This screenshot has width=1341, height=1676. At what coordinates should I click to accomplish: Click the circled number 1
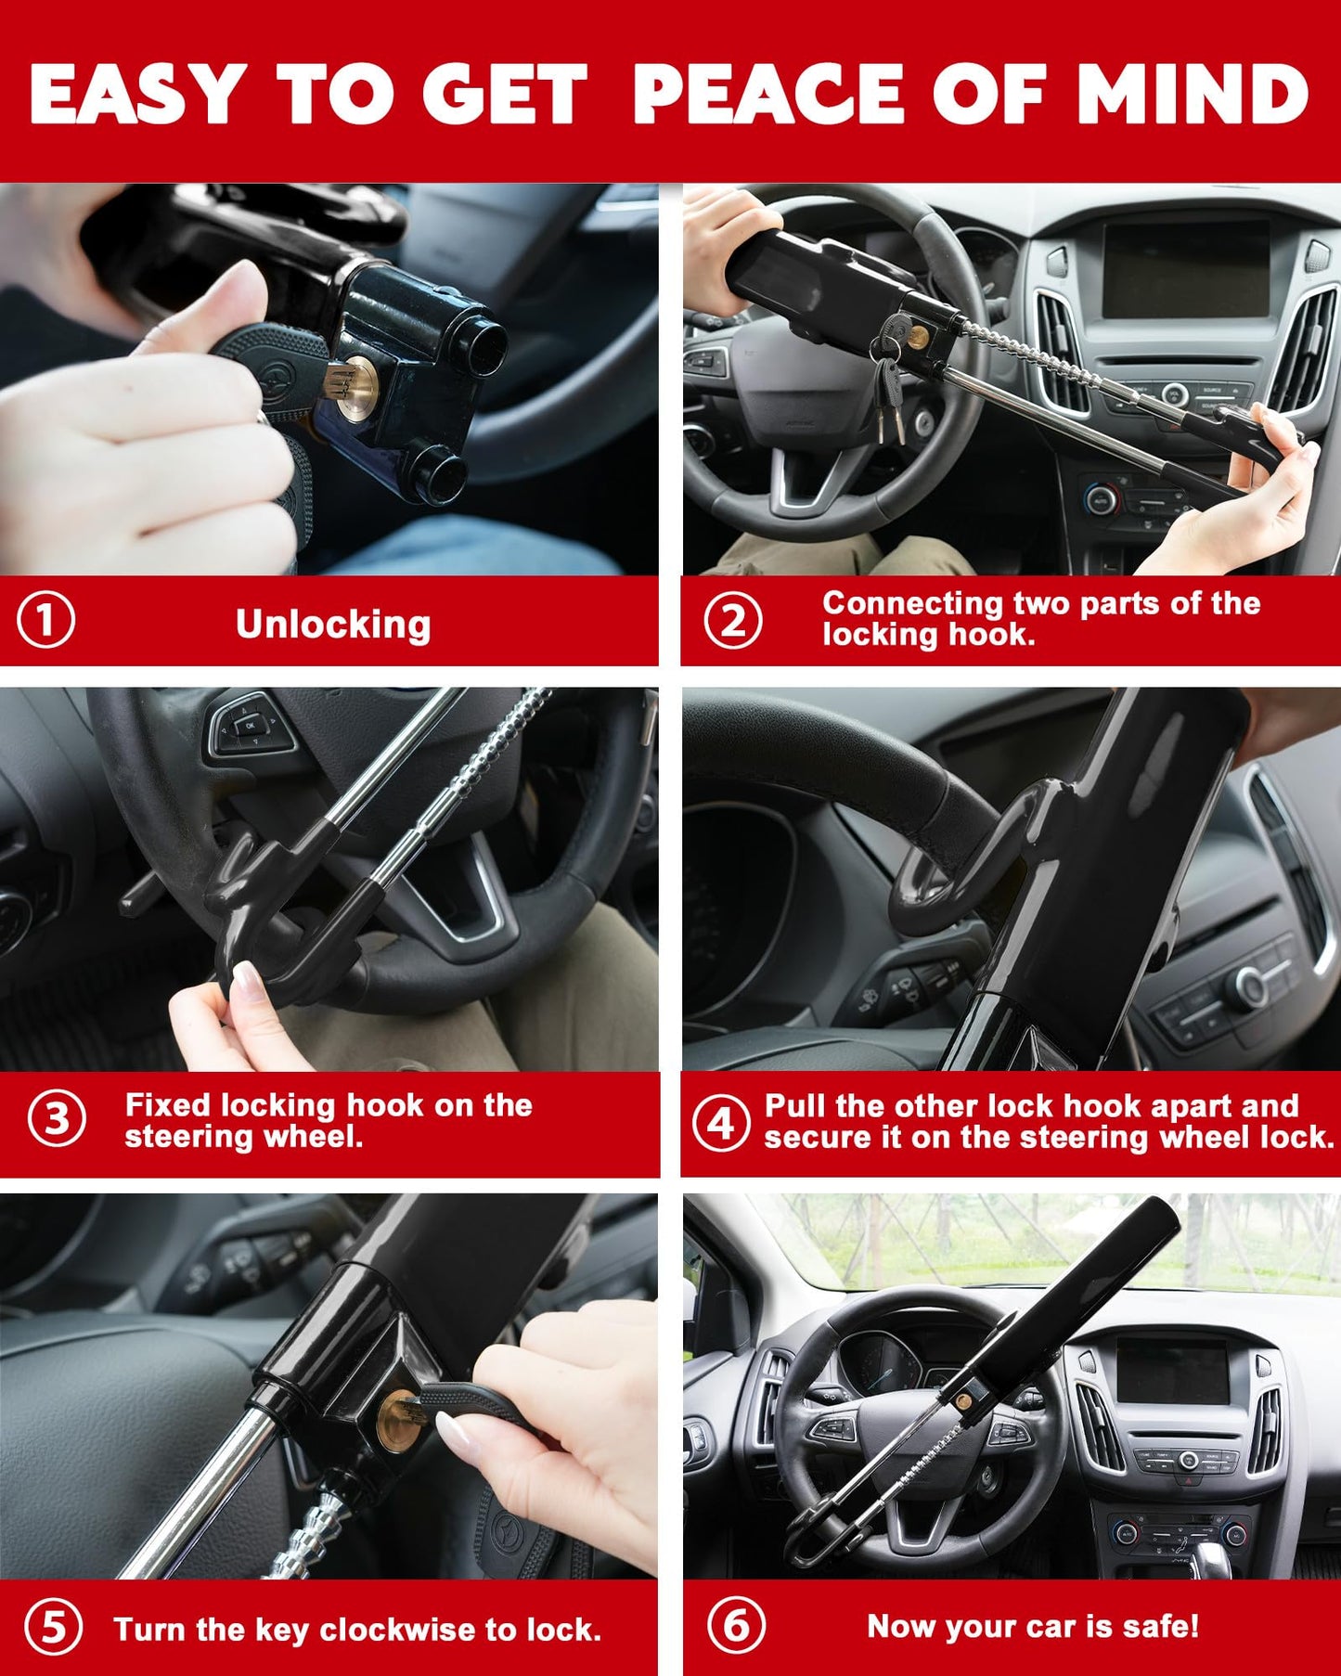coord(46,621)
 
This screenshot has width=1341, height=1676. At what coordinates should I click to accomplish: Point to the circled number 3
coord(57,1118)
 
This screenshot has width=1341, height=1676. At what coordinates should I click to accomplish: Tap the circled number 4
coord(721,1123)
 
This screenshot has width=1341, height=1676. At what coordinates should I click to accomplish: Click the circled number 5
coord(53,1628)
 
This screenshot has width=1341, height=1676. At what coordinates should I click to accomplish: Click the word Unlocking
coord(333,625)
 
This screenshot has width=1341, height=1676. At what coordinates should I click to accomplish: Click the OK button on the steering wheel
coord(251,722)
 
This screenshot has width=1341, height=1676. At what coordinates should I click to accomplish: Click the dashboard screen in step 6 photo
coord(1172,1371)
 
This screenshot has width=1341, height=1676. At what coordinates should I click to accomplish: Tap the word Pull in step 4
coord(795,1106)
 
